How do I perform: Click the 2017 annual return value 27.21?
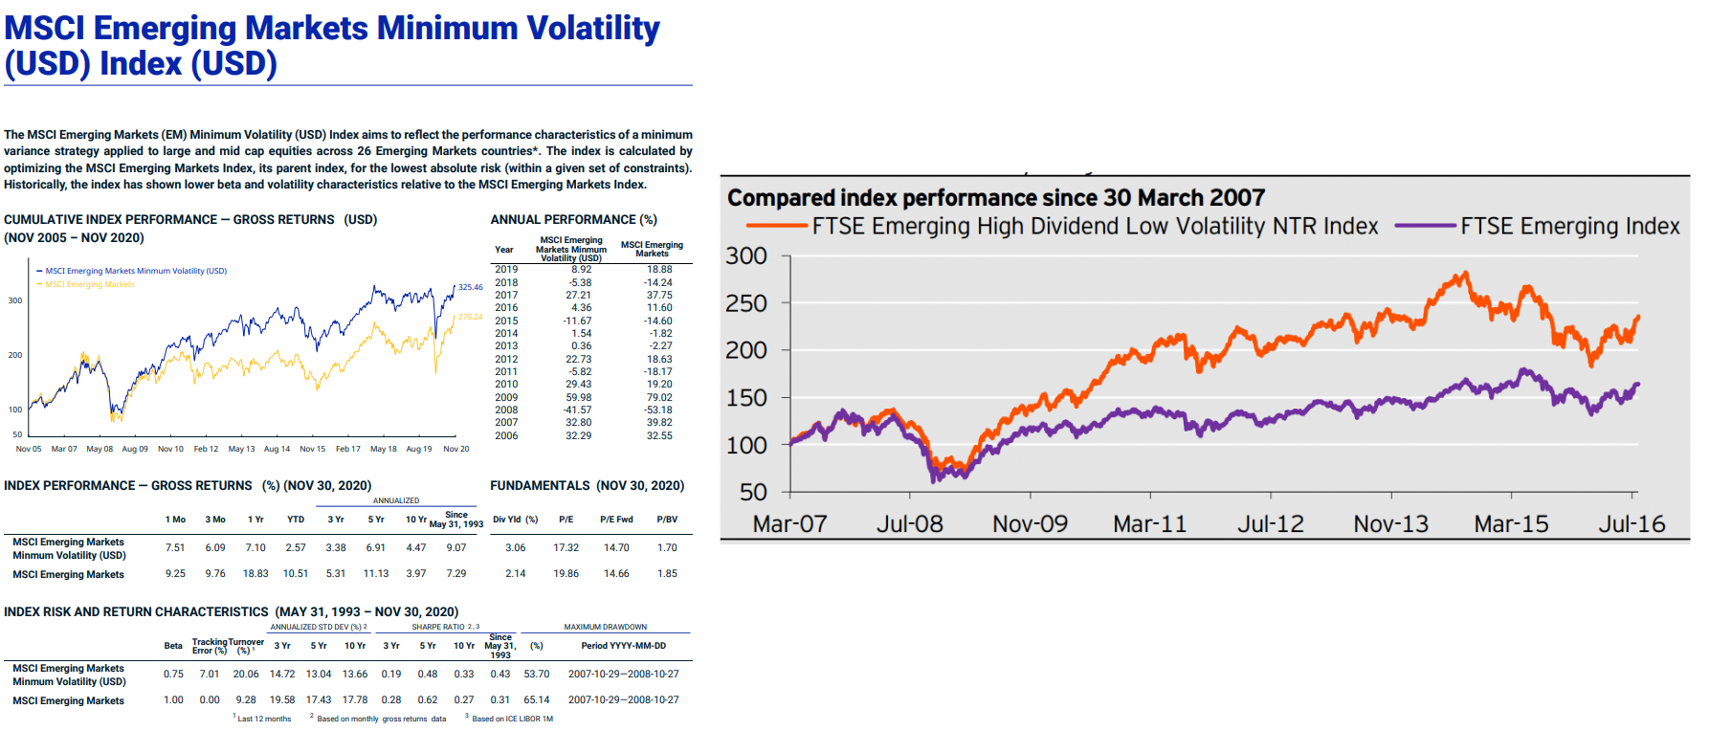point(578,296)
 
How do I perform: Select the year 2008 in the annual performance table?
point(506,410)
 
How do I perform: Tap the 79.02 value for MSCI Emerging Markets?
point(659,398)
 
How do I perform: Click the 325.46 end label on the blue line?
point(471,287)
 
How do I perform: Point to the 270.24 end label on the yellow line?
point(471,317)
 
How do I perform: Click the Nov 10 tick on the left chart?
point(170,449)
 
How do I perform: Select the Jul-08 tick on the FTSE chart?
point(910,524)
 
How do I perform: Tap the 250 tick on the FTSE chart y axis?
point(746,303)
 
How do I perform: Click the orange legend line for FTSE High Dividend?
point(777,227)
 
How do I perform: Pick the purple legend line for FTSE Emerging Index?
point(1426,227)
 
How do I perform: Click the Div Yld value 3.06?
point(515,548)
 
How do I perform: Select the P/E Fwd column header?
point(616,520)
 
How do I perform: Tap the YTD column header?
point(296,520)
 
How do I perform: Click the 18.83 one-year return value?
point(255,574)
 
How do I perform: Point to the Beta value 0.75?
point(173,675)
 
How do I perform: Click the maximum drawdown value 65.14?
point(537,700)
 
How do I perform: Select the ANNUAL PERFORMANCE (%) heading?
point(573,220)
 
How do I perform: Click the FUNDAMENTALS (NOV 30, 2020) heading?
point(587,486)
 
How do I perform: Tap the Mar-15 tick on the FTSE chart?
point(1511,524)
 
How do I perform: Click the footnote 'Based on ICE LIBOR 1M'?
point(512,719)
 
